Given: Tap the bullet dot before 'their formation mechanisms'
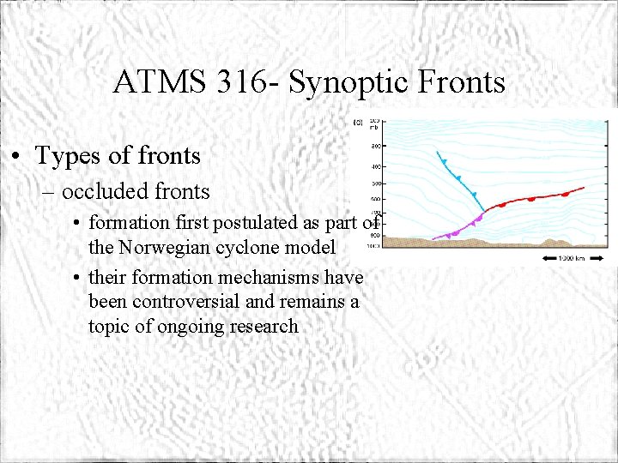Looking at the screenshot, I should pos(77,278).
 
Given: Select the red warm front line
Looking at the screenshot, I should pos(532,199).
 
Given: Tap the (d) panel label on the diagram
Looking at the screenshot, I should pos(358,123).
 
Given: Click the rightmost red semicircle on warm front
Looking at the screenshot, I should pos(566,195).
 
